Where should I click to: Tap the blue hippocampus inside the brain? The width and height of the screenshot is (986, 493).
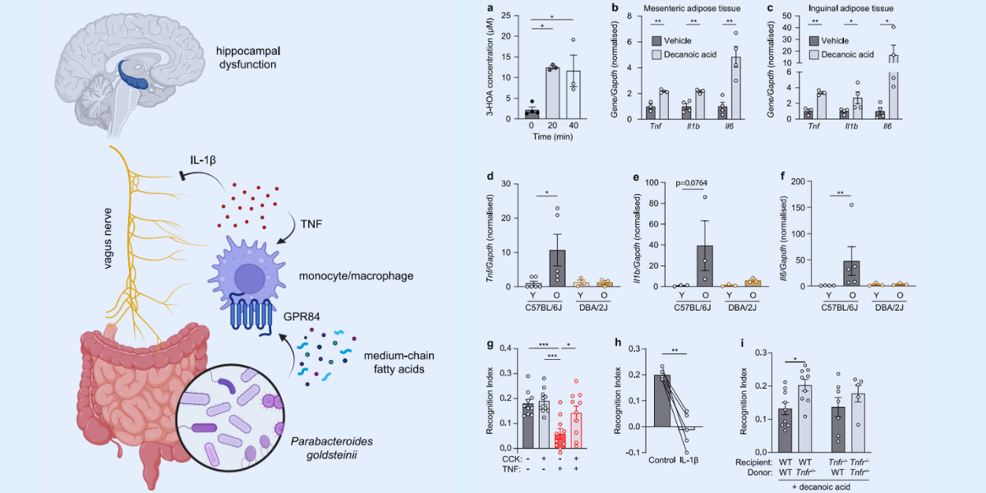[x=133, y=70]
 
